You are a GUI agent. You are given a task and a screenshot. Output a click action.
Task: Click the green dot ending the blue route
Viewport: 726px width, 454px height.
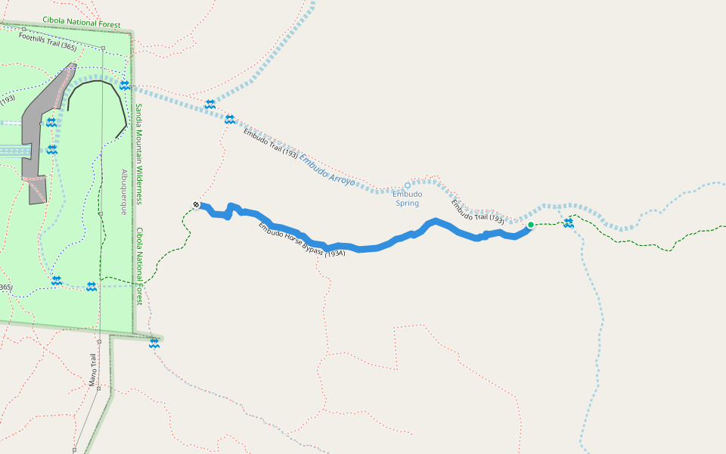[x=531, y=225]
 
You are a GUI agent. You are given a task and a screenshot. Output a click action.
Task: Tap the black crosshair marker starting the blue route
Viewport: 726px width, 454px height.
[x=197, y=204]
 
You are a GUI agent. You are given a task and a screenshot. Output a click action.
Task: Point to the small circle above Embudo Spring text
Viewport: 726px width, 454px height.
[x=407, y=185]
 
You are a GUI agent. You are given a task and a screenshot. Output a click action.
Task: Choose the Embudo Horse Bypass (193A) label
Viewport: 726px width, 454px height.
[x=302, y=240]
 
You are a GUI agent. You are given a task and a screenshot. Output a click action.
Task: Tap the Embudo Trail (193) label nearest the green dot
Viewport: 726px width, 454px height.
[x=477, y=211]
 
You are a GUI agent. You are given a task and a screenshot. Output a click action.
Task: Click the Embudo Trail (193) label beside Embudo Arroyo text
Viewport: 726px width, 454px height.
[x=270, y=144]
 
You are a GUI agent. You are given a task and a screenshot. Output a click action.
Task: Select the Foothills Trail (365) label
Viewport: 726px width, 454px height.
[x=48, y=41]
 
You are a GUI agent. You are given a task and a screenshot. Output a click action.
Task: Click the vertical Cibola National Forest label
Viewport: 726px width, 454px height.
[x=139, y=266]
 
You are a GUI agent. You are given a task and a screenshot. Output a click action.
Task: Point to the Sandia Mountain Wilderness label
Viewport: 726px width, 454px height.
[x=139, y=154]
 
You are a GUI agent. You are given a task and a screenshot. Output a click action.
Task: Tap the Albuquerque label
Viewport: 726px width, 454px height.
[x=124, y=192]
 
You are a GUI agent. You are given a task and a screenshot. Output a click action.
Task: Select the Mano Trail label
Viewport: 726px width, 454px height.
[x=92, y=370]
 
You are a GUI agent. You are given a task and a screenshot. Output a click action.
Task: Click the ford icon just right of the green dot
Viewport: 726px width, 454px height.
[x=569, y=222]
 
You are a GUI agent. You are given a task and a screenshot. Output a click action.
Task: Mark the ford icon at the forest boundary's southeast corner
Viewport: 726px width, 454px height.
[x=154, y=344]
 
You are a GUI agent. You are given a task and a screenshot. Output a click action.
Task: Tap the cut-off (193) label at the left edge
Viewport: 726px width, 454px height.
[x=7, y=99]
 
